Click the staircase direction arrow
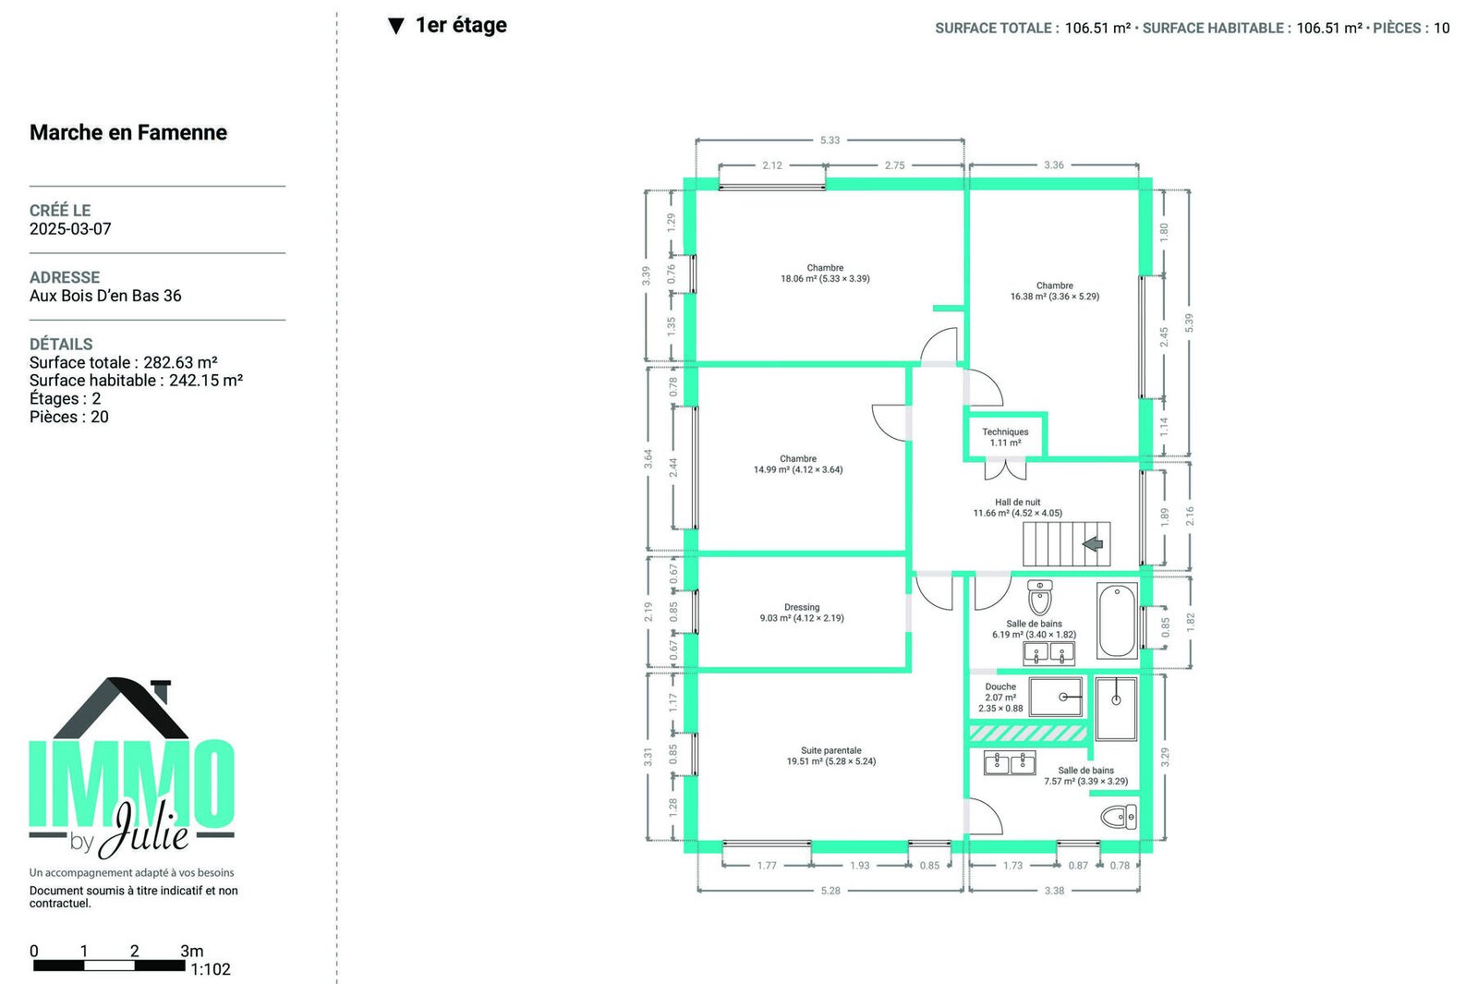(1093, 544)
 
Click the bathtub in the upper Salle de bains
(1117, 620)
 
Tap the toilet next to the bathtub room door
(1040, 597)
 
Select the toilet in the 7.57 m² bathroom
(1119, 817)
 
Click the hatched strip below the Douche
(1026, 734)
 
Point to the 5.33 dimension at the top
(830, 140)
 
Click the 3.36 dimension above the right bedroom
(1054, 165)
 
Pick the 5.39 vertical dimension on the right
(1189, 322)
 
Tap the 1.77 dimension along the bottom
(767, 865)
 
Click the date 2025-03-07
(70, 229)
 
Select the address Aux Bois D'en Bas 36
(105, 296)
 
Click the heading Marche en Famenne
(128, 133)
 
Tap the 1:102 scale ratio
(211, 969)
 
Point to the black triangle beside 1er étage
(396, 27)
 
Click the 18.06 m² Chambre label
(825, 273)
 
